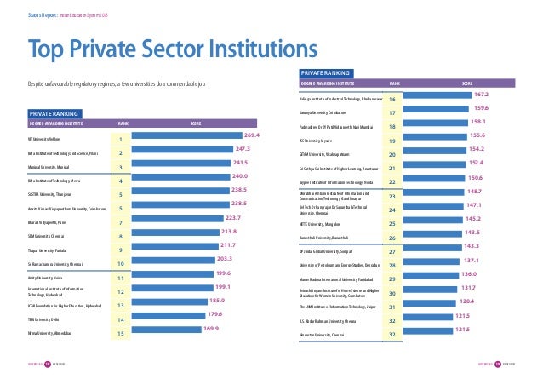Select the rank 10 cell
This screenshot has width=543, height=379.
click(121, 263)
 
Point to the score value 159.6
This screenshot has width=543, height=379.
click(478, 107)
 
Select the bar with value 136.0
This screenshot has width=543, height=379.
click(426, 279)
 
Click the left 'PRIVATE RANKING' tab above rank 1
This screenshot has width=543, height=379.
click(54, 112)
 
